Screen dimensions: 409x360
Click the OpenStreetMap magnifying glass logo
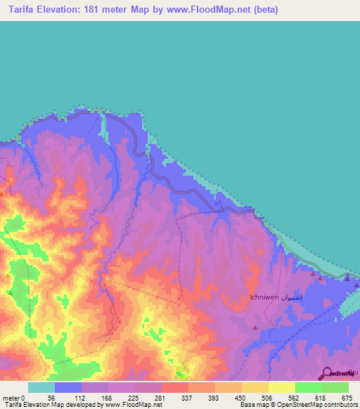(x=328, y=374)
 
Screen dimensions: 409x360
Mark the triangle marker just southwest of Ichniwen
(x=255, y=327)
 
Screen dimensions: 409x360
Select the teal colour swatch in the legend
(x=41, y=387)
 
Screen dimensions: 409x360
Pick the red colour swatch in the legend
(x=174, y=387)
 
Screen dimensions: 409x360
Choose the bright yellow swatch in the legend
(x=281, y=387)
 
